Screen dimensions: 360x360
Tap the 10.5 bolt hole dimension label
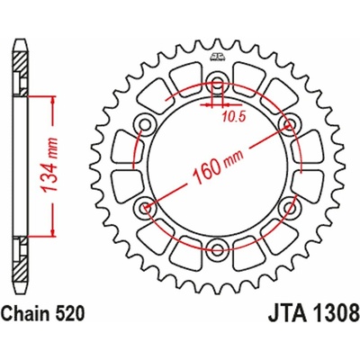(x=233, y=114)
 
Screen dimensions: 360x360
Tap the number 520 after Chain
(x=70, y=339)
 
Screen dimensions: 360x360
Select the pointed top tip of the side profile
(x=20, y=40)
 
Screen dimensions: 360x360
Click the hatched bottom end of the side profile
(x=20, y=288)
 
